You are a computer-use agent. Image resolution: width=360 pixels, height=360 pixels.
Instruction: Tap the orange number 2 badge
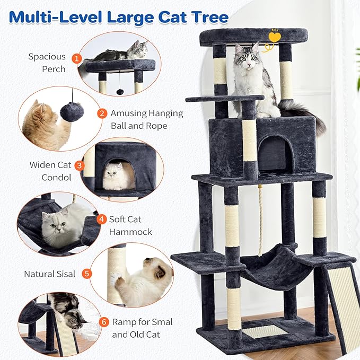pos(101,113)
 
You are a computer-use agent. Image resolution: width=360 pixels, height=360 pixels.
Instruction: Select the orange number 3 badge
pos(80,165)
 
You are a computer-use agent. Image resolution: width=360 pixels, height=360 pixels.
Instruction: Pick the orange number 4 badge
pos(101,219)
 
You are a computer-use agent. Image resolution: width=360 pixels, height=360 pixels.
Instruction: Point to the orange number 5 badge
pos(87,274)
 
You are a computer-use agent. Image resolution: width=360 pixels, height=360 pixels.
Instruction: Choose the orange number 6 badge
pos(103,322)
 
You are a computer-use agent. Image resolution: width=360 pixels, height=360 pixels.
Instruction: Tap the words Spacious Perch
pos(47,63)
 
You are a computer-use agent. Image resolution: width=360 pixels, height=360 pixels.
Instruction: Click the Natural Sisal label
pos(49,274)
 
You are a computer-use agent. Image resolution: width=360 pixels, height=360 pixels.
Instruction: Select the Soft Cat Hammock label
pos(130,225)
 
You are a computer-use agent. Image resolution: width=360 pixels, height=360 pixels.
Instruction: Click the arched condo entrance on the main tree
pos(275,154)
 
